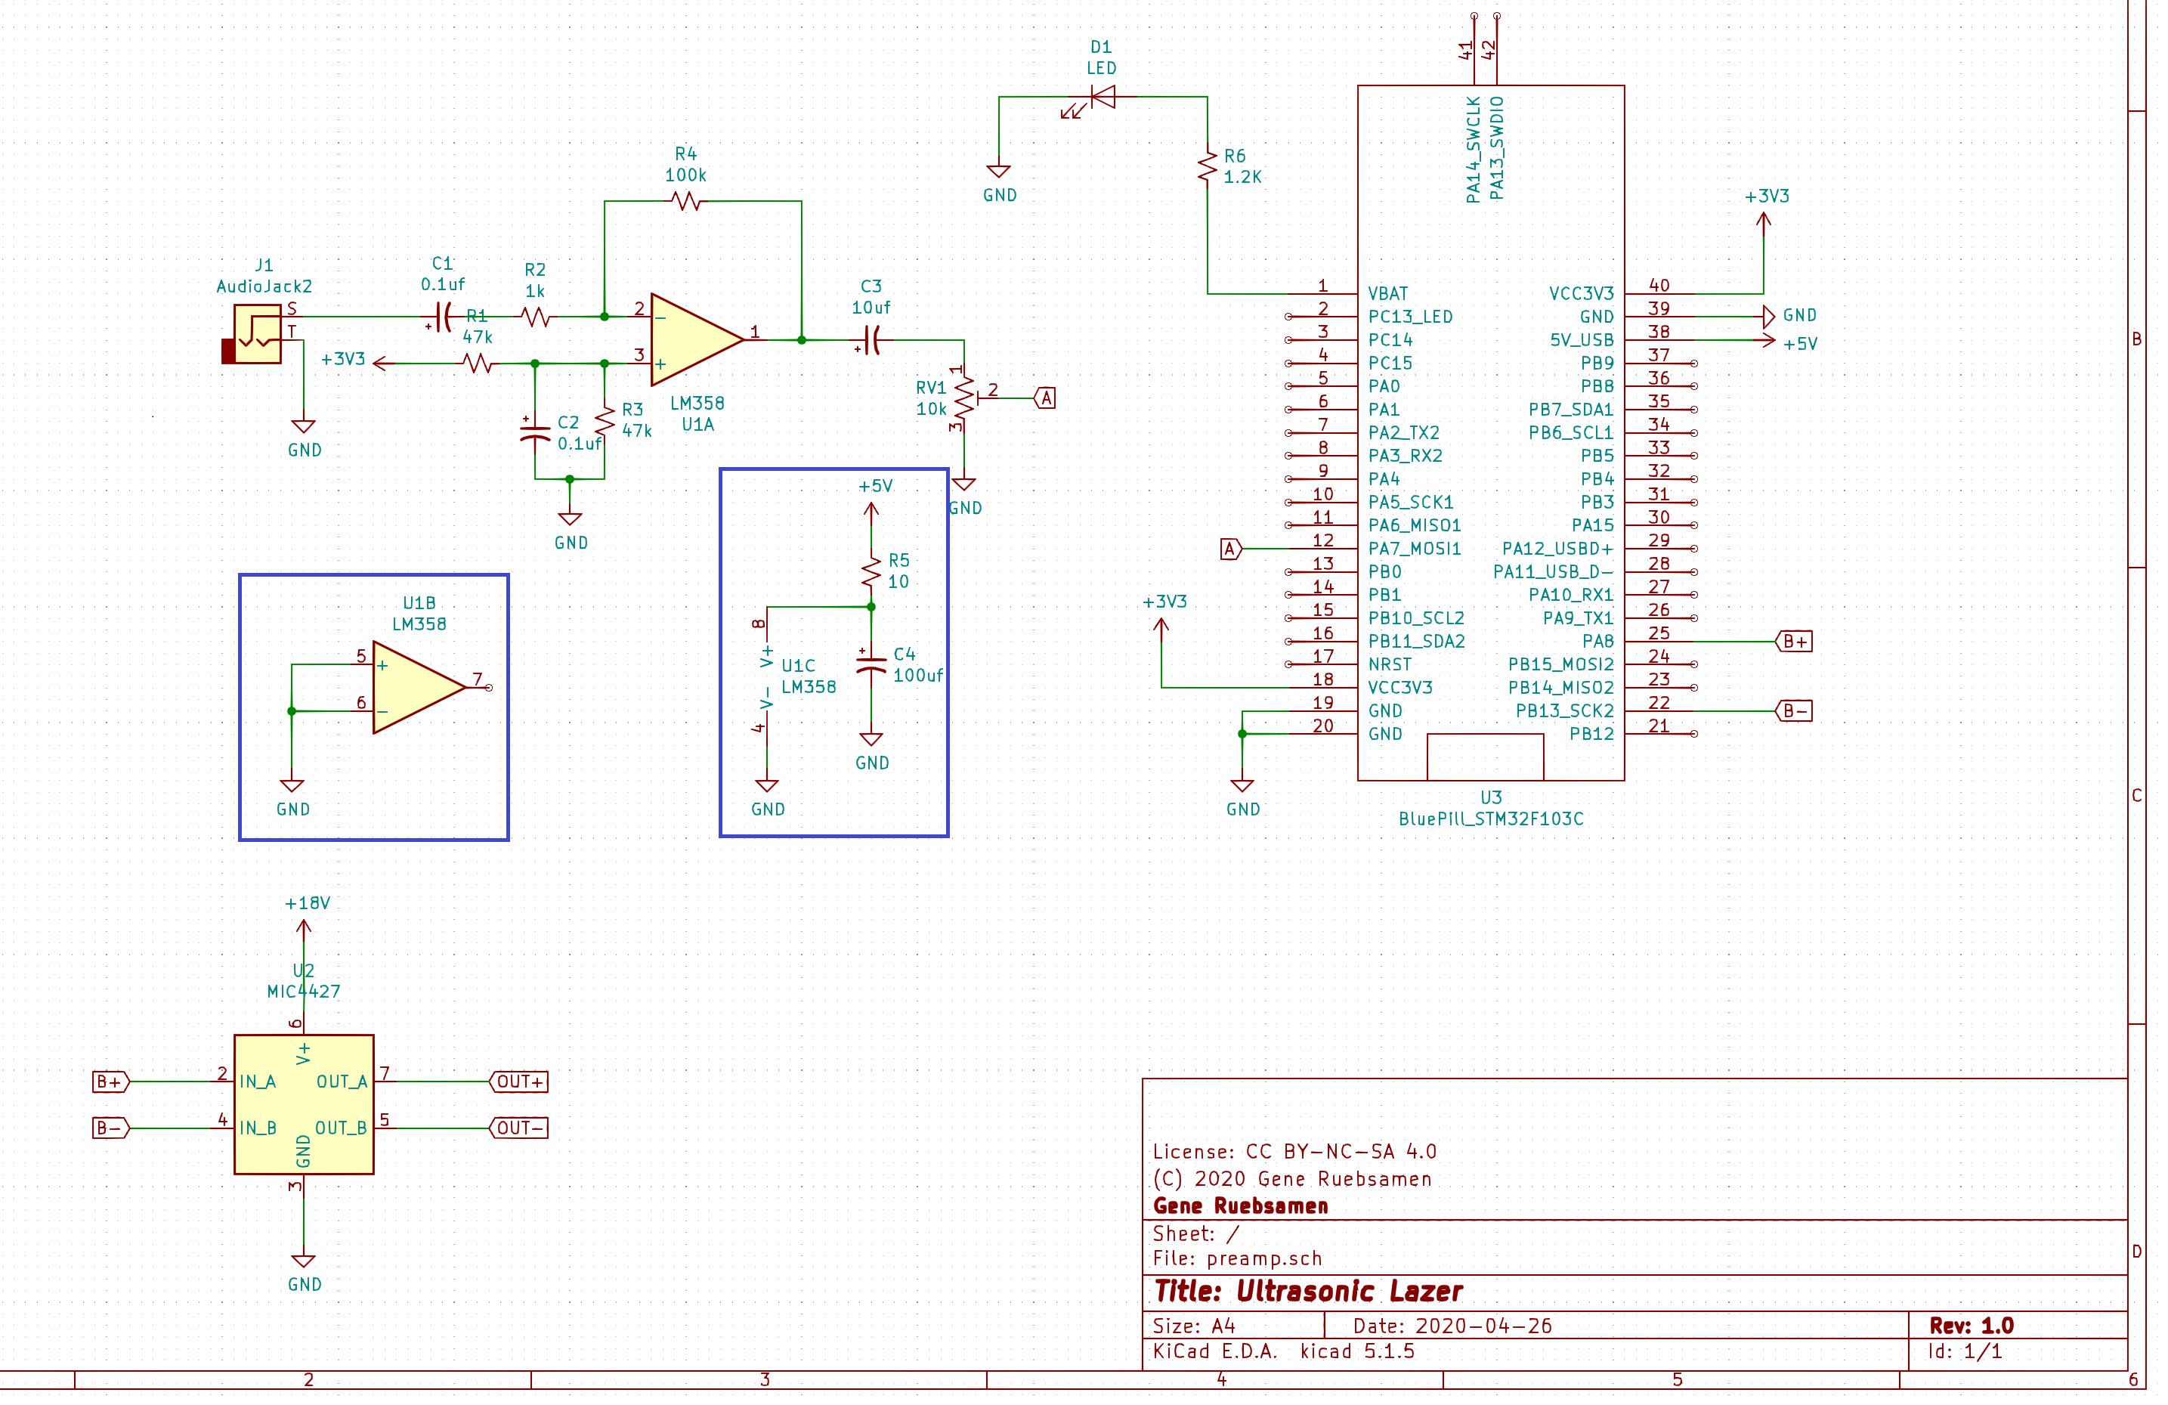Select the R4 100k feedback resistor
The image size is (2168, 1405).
point(686,201)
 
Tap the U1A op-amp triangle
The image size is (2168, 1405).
point(697,340)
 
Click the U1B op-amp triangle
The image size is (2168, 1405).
point(419,687)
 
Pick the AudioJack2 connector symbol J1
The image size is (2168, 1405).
point(252,334)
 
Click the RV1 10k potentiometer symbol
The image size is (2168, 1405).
point(965,398)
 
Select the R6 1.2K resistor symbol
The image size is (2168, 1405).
point(1208,167)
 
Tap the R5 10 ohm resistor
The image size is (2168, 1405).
point(872,572)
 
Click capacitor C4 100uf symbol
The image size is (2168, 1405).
point(872,664)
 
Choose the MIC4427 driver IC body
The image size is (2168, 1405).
point(305,1104)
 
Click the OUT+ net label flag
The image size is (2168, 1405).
point(519,1082)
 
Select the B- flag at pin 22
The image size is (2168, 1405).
point(1794,710)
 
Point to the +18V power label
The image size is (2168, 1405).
point(308,903)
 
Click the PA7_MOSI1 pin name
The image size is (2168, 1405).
point(1415,549)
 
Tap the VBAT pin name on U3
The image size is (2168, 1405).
point(1388,293)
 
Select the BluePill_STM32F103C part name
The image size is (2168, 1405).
point(1491,819)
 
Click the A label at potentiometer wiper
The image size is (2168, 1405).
point(1046,398)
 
